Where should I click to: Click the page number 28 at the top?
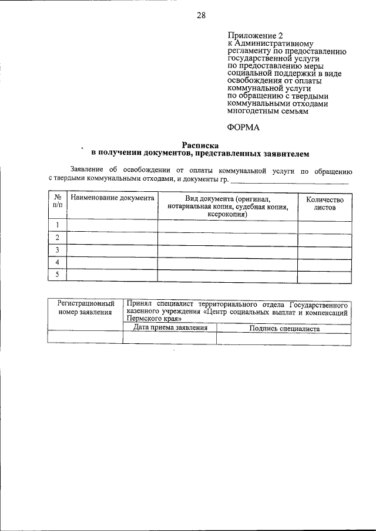click(200, 16)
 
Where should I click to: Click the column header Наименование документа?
click(112, 198)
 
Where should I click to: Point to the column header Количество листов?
click(324, 203)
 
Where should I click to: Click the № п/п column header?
click(58, 202)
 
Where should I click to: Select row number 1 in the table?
click(58, 225)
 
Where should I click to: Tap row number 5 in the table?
click(58, 275)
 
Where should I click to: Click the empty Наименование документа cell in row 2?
click(112, 238)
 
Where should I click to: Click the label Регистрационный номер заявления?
click(85, 308)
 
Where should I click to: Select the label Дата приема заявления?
click(170, 328)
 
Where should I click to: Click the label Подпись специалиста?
click(284, 329)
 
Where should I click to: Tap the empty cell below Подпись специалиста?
click(284, 339)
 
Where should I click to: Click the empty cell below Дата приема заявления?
click(170, 339)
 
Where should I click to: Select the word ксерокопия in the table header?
click(227, 215)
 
